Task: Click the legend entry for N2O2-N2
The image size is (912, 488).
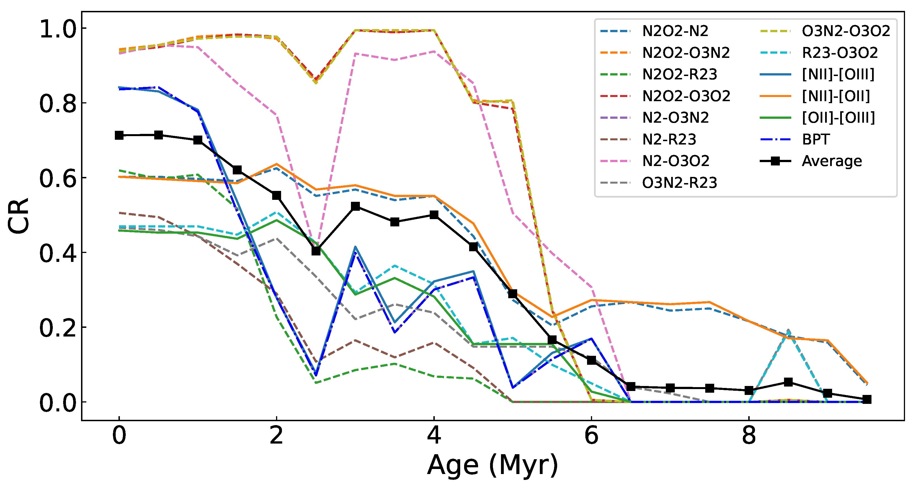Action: [x=675, y=31]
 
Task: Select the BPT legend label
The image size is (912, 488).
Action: [x=816, y=139]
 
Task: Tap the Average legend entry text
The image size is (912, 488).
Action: [x=832, y=161]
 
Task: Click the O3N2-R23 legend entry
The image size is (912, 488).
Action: [x=680, y=183]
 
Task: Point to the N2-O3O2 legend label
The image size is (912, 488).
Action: [x=676, y=161]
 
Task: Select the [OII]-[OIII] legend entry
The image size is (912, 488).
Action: [x=838, y=118]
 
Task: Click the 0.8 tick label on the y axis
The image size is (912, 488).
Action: [x=58, y=104]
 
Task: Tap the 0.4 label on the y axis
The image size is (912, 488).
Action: [x=58, y=253]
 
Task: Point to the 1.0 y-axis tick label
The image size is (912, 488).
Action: [x=58, y=29]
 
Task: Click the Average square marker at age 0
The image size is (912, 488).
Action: [x=119, y=135]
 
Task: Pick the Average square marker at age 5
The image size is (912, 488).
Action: [x=513, y=293]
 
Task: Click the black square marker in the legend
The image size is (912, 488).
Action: [x=775, y=161]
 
